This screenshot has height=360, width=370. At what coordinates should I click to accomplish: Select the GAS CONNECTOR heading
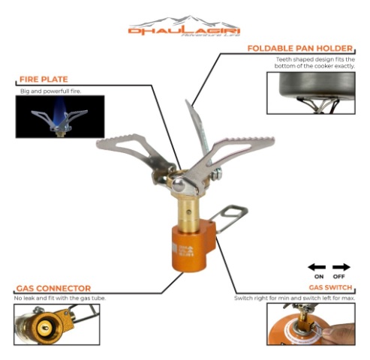click(53, 288)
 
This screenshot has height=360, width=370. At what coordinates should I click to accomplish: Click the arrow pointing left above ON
click(317, 266)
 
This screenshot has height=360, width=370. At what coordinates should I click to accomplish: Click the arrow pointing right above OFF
click(341, 266)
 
